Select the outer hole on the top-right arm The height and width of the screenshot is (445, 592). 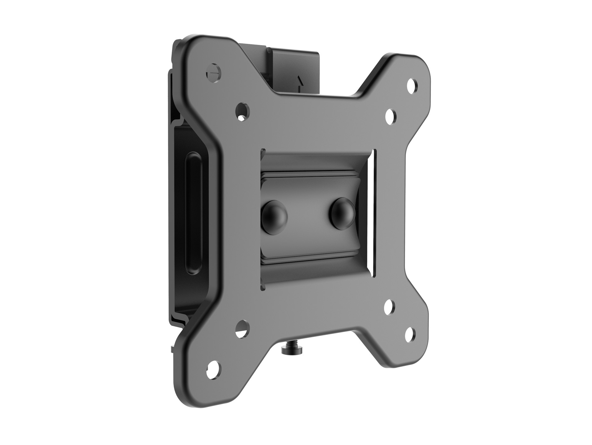pyautogui.click(x=413, y=84)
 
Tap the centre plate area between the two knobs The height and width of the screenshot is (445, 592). pyautogui.click(x=308, y=215)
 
